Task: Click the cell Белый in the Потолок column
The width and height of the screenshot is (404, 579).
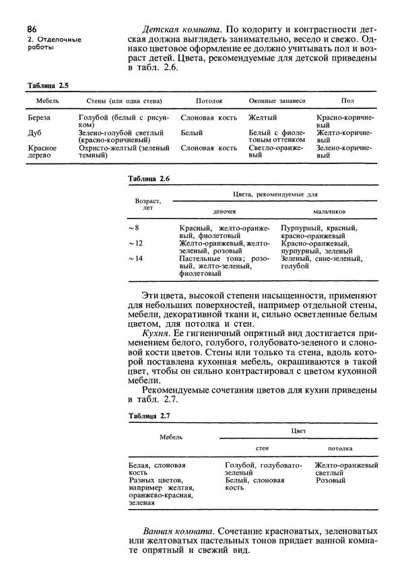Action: (192, 133)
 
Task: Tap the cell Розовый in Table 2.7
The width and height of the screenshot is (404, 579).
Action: (330, 481)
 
